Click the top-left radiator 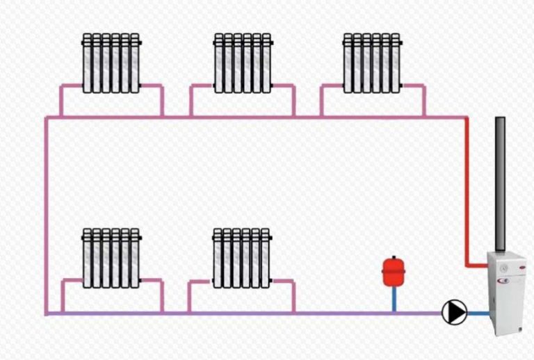pyautogui.click(x=111, y=63)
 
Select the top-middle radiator pyautogui.click(x=242, y=63)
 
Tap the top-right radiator pyautogui.click(x=371, y=63)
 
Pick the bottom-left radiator pyautogui.click(x=111, y=257)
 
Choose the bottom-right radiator pyautogui.click(x=241, y=257)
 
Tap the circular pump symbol pyautogui.click(x=455, y=312)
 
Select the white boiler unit pyautogui.click(x=506, y=292)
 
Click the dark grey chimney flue pyautogui.click(x=500, y=184)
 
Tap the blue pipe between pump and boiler pyautogui.click(x=478, y=313)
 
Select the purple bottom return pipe pyautogui.click(x=243, y=313)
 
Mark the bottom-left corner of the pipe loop pyautogui.click(x=47, y=313)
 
